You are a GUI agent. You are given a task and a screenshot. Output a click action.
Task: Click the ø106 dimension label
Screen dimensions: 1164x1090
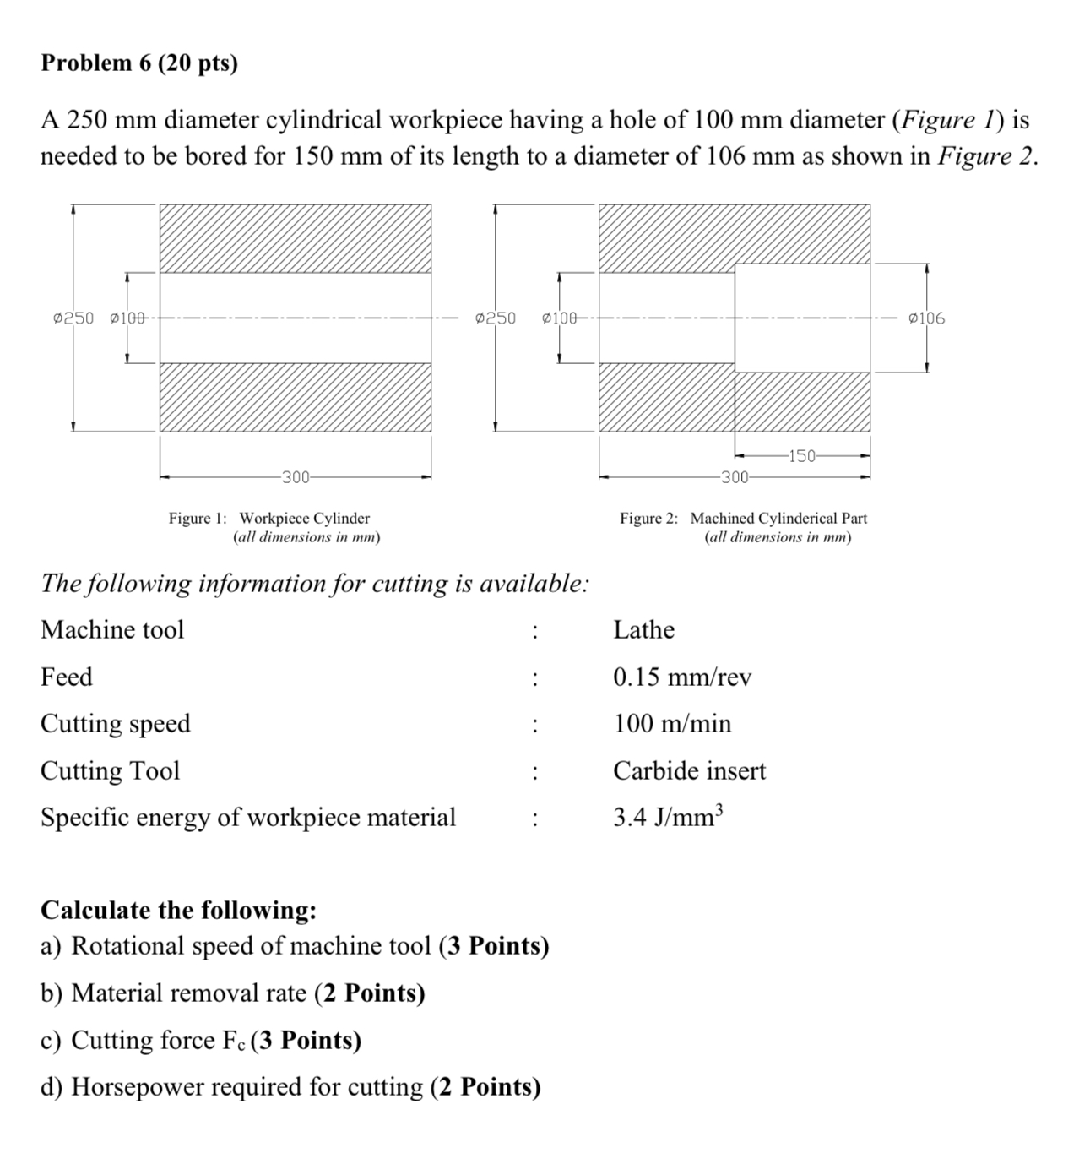tap(926, 318)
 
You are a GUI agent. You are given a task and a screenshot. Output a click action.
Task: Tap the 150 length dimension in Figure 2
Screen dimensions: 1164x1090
tap(801, 456)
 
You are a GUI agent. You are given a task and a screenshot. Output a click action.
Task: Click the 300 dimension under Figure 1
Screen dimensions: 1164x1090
tap(296, 477)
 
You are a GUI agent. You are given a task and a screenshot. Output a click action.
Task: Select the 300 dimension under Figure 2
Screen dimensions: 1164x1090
tap(735, 477)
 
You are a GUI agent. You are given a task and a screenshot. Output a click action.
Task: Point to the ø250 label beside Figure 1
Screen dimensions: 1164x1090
tap(73, 318)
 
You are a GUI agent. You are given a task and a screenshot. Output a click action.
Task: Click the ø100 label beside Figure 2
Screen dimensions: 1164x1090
tap(560, 318)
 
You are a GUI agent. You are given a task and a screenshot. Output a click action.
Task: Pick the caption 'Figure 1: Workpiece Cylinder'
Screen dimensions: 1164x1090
tap(268, 518)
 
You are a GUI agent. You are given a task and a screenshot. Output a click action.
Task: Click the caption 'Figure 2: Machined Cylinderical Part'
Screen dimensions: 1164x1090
tap(743, 518)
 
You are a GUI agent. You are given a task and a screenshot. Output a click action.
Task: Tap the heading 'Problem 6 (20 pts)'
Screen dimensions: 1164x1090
tap(139, 63)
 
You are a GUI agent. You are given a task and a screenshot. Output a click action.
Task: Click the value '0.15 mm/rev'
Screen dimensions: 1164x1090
tap(682, 677)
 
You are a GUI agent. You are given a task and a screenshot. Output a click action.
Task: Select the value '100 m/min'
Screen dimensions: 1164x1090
tap(672, 724)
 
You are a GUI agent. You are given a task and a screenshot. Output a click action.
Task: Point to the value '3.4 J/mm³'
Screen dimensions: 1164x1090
tap(668, 817)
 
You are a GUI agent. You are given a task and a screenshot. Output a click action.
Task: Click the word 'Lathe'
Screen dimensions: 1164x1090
tap(643, 630)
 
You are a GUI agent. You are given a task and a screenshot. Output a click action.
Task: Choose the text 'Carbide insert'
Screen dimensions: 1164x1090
tap(689, 770)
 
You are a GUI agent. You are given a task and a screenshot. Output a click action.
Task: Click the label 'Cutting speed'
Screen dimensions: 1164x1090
tap(116, 724)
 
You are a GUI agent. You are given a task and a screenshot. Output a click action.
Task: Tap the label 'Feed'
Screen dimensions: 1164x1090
tap(67, 677)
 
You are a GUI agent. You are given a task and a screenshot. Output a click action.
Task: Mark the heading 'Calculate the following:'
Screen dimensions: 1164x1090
tap(179, 910)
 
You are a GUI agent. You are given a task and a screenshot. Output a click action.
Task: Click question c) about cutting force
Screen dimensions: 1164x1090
tap(201, 1040)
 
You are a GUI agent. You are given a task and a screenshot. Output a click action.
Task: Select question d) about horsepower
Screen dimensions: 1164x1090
tap(290, 1086)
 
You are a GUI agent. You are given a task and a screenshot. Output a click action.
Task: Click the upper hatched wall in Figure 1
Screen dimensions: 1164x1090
tap(295, 238)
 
